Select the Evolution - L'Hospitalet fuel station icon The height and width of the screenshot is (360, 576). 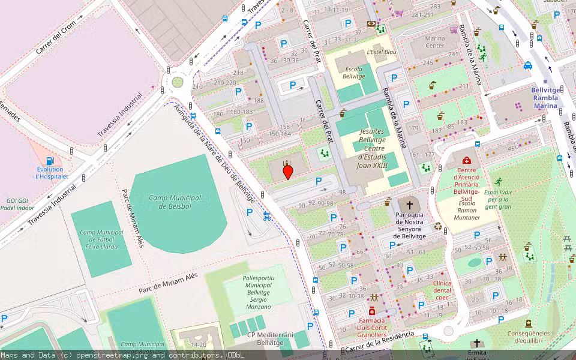click(x=50, y=161)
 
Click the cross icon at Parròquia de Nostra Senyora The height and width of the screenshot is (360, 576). click(x=410, y=205)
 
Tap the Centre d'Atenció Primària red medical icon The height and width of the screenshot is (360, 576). click(x=467, y=161)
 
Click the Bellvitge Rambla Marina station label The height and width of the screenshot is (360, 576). click(x=545, y=98)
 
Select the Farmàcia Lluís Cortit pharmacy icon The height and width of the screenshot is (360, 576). click(x=372, y=311)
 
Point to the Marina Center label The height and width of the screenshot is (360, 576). click(x=435, y=42)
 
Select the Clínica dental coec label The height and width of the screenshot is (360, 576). click(x=442, y=290)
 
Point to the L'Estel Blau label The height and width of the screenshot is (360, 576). click(x=382, y=52)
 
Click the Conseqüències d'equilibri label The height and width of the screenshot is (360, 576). click(x=528, y=337)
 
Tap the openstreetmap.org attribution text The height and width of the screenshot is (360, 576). click(x=112, y=355)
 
